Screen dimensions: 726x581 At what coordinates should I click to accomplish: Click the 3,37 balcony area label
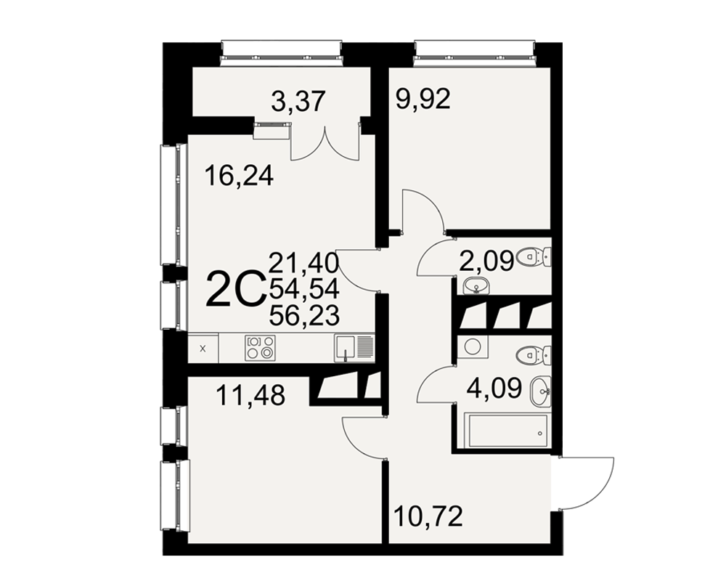click(x=298, y=102)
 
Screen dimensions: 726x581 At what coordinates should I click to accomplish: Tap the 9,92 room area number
click(x=423, y=99)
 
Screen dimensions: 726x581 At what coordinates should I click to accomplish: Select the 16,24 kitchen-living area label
click(x=239, y=176)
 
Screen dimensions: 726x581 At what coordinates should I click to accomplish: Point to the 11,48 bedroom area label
click(x=250, y=396)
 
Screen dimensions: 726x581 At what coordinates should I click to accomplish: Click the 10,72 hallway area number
click(x=428, y=516)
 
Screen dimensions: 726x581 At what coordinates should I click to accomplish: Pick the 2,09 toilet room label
click(x=486, y=261)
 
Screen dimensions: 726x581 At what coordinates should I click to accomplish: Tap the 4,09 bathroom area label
click(x=494, y=388)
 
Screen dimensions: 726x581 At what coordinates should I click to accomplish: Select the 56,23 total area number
click(x=304, y=317)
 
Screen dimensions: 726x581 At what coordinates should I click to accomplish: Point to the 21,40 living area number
click(x=304, y=263)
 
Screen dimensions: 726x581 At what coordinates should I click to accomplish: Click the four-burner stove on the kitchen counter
click(x=260, y=347)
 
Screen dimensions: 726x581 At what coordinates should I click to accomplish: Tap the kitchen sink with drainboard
click(x=354, y=349)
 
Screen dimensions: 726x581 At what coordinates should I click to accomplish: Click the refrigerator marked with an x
click(x=203, y=349)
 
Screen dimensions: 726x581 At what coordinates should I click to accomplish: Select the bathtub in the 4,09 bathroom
click(x=508, y=431)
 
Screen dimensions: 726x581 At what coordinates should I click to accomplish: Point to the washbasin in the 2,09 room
click(x=475, y=285)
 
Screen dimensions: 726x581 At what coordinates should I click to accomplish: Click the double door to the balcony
click(x=325, y=143)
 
